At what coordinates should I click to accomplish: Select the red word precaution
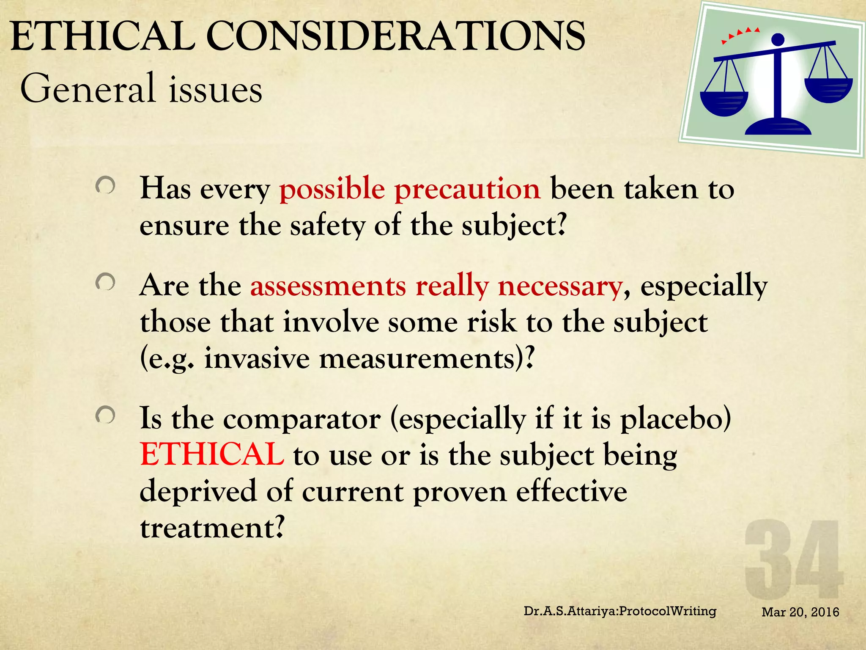pos(467,189)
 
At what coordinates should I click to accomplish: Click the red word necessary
pos(560,286)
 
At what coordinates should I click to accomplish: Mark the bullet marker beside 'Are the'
pos(105,282)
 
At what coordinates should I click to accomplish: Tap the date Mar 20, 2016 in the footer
pos(800,612)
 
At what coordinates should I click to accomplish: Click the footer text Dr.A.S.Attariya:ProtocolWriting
pos(620,611)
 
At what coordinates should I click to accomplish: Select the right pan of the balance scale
pos(828,90)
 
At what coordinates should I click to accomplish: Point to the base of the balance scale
pos(778,127)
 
